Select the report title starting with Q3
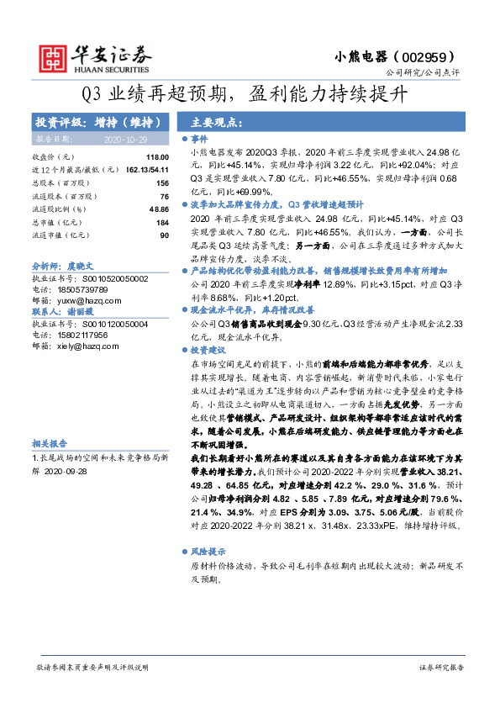pos(250,94)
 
